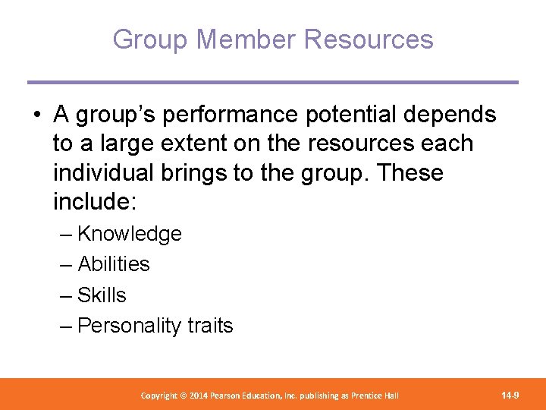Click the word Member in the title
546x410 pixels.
[x=233, y=39]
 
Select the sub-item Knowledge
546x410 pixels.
[x=130, y=234]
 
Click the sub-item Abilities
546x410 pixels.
[x=114, y=264]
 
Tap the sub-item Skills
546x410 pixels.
[x=102, y=295]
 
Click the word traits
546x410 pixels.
[x=210, y=326]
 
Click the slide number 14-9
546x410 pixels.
[x=510, y=395]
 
